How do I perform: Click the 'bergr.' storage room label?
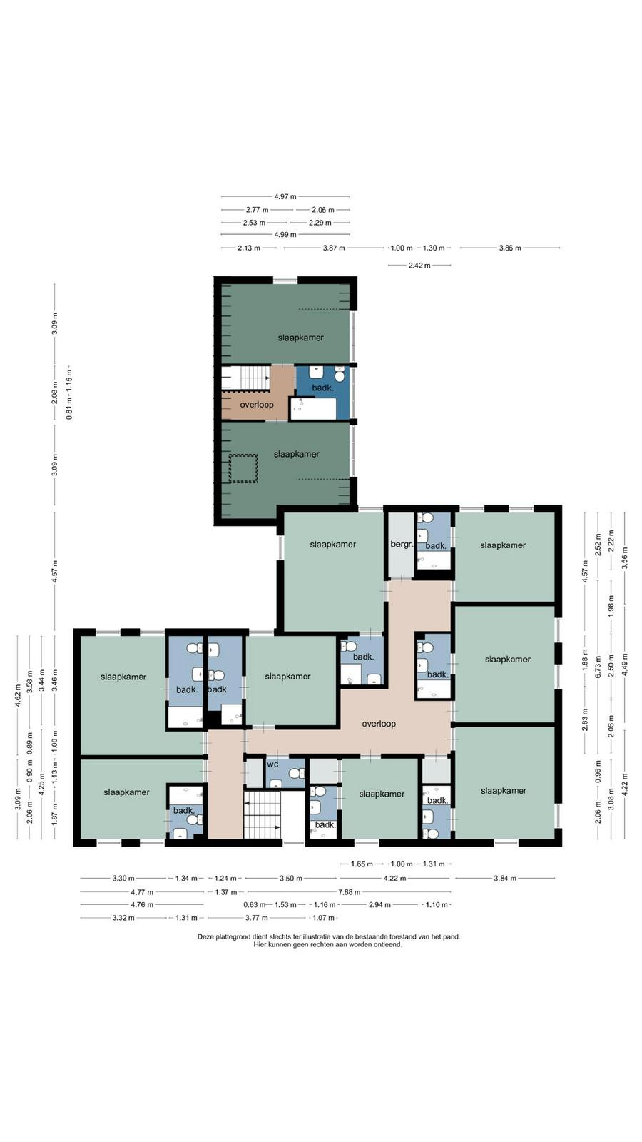(402, 544)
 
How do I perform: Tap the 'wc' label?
(272, 764)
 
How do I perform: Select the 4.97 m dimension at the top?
(285, 196)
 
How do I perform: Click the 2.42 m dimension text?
(419, 265)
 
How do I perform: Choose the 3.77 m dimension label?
(257, 918)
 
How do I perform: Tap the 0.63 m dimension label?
(255, 905)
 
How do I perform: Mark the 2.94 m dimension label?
(379, 905)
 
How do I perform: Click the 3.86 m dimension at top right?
(510, 248)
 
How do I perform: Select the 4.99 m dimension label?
(285, 235)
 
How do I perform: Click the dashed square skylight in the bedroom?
(243, 468)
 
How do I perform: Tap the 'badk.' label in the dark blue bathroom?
(322, 388)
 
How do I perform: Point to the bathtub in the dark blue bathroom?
(313, 409)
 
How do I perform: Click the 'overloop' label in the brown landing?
(257, 405)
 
